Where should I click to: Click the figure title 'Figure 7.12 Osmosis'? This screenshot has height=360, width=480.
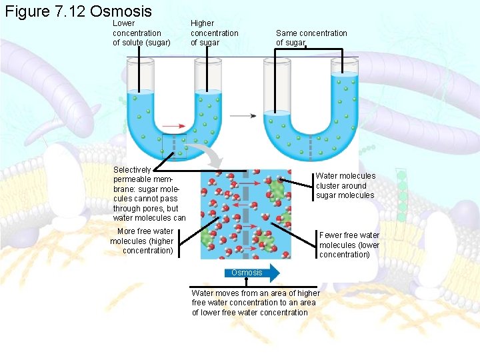(78, 11)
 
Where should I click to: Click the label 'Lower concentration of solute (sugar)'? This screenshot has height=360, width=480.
(141, 33)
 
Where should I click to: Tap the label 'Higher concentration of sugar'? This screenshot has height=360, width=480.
(214, 33)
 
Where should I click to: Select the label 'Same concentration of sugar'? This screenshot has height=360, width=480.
(311, 38)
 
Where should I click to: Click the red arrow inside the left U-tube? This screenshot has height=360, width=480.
(174, 125)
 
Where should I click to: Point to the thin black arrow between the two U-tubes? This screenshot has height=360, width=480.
(243, 116)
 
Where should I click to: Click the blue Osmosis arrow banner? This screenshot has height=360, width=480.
(253, 273)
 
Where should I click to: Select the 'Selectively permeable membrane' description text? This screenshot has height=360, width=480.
(149, 194)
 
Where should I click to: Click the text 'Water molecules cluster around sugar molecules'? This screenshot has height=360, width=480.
(345, 185)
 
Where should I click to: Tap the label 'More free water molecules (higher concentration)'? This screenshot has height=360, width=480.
(142, 241)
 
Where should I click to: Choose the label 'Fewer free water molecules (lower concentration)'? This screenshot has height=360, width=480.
(349, 245)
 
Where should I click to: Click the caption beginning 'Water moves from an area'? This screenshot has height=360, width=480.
(255, 303)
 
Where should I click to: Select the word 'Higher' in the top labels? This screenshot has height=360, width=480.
(203, 23)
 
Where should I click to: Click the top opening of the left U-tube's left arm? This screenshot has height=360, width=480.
(141, 61)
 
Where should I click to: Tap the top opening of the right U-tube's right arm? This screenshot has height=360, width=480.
(345, 61)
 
